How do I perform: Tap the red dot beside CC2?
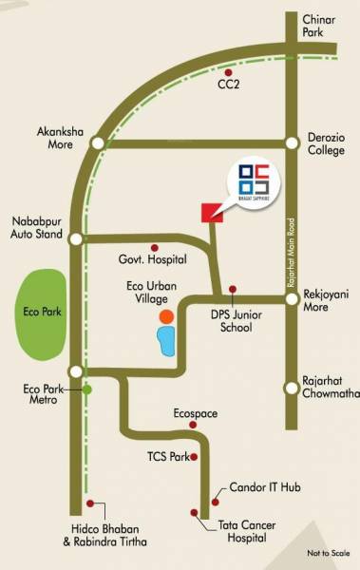228,71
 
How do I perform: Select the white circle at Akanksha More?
98,143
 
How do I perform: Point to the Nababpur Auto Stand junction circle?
76,238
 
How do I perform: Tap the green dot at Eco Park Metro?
87,389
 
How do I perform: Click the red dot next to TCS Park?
194,457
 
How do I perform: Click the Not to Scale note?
329,551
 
